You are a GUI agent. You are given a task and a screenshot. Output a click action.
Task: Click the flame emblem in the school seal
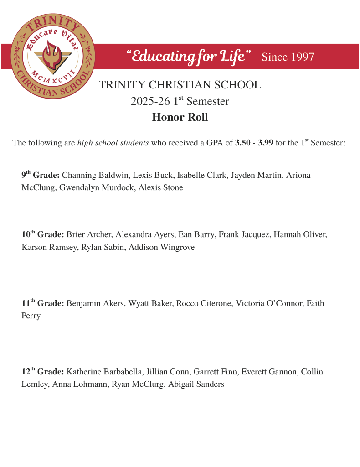pos(52,54)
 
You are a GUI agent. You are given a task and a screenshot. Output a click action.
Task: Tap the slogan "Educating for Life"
pos(188,57)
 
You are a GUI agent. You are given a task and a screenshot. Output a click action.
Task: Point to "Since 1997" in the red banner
pos(288,57)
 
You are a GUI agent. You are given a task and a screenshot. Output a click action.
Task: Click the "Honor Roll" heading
pos(180,117)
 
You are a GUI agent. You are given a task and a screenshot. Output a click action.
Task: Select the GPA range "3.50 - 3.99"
pos(254,143)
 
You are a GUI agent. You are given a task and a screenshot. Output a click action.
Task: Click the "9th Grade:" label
pos(41,175)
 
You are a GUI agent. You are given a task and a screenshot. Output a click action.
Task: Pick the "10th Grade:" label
pos(43,234)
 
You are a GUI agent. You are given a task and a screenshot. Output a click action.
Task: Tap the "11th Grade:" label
pos(43,303)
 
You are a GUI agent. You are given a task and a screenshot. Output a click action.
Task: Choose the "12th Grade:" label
pos(43,372)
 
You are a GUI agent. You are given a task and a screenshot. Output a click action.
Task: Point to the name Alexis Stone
pos(160,187)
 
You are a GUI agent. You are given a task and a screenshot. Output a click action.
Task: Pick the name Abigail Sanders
pos(196,384)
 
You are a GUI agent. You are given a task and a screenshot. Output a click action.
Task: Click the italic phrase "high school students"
pos(113,143)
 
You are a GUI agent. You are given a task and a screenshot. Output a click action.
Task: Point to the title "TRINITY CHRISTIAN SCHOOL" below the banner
pos(180,85)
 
